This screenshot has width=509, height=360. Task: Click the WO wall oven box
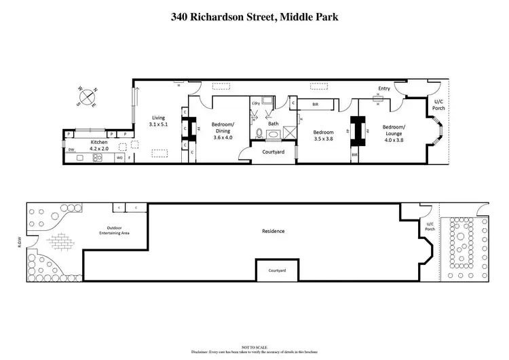[x=119, y=158]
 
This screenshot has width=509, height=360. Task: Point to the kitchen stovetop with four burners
[x=97, y=158]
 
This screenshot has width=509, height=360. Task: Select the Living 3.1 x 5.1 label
[x=158, y=121]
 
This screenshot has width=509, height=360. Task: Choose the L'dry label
[x=256, y=103]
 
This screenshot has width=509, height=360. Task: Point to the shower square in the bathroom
[x=290, y=132]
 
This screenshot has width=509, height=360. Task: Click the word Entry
[x=385, y=88]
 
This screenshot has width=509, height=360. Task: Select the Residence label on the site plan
[x=273, y=231]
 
